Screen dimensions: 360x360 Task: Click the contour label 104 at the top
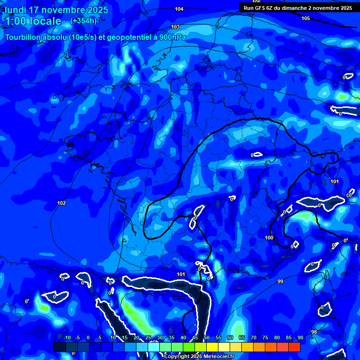(179, 9)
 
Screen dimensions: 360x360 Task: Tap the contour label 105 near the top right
(306, 18)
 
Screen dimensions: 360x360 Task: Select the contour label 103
(175, 27)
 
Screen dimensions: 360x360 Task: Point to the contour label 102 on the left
(61, 203)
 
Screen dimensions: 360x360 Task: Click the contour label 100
(269, 238)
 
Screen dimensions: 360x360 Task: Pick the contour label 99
(280, 281)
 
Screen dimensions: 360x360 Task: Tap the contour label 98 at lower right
(314, 332)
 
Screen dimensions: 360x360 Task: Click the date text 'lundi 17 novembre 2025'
(56, 10)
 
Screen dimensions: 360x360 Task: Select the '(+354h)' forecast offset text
(83, 21)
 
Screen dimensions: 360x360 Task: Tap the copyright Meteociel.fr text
(199, 357)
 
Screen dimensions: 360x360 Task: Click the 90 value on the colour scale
(300, 337)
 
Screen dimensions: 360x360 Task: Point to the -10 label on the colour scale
(67, 337)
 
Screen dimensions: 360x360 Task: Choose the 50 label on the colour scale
(207, 337)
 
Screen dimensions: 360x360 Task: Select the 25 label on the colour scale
(148, 337)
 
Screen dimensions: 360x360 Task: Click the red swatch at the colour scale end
(294, 347)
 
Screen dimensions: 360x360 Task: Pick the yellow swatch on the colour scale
(212, 347)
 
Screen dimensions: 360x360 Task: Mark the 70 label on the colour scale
(254, 337)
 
